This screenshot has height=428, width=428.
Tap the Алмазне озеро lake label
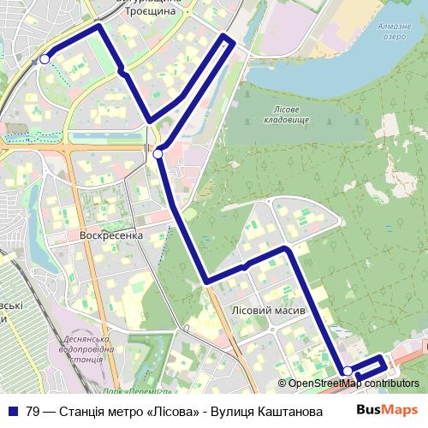[x=395, y=32]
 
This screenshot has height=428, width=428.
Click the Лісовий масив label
[x=268, y=310]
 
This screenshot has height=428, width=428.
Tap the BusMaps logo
[x=387, y=410]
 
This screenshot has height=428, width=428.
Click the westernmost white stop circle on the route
[x=45, y=59]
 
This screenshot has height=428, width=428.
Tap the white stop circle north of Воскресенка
[x=158, y=154]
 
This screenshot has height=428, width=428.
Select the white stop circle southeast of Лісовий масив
[x=347, y=371]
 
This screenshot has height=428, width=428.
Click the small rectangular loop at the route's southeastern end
[x=368, y=366]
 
